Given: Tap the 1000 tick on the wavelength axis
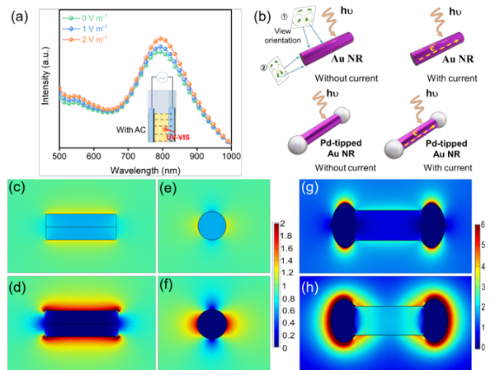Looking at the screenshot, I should click(x=232, y=157).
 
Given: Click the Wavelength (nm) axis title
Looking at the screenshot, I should click(x=147, y=170).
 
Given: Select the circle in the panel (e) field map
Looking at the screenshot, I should click(x=211, y=224).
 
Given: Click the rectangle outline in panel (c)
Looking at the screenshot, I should click(x=81, y=225).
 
